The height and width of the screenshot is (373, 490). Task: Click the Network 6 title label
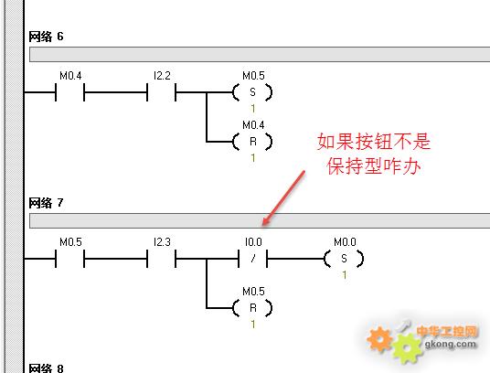46,37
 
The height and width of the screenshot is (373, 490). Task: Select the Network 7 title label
46,203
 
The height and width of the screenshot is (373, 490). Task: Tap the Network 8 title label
46,368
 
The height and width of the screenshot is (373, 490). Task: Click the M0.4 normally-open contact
70,92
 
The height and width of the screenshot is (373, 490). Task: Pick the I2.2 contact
161,92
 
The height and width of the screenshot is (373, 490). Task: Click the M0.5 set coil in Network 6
252,92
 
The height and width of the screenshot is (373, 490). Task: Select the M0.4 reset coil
252,142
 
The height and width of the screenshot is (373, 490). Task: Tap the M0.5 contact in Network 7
70,259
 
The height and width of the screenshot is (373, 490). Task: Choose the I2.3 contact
161,259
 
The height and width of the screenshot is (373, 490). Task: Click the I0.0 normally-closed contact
253,259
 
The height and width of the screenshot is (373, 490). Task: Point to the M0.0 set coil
344,259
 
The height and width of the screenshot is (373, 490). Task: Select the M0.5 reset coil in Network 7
252,308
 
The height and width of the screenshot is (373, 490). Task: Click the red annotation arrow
283,197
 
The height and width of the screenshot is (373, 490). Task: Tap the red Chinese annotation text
374,154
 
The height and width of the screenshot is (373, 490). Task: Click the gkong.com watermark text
451,344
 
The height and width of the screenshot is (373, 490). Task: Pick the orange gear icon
379,339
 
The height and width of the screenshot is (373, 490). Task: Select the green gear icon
407,348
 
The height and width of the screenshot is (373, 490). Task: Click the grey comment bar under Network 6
260,54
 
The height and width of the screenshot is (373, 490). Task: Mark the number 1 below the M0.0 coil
344,275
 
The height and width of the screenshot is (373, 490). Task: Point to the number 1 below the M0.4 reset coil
253,158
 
